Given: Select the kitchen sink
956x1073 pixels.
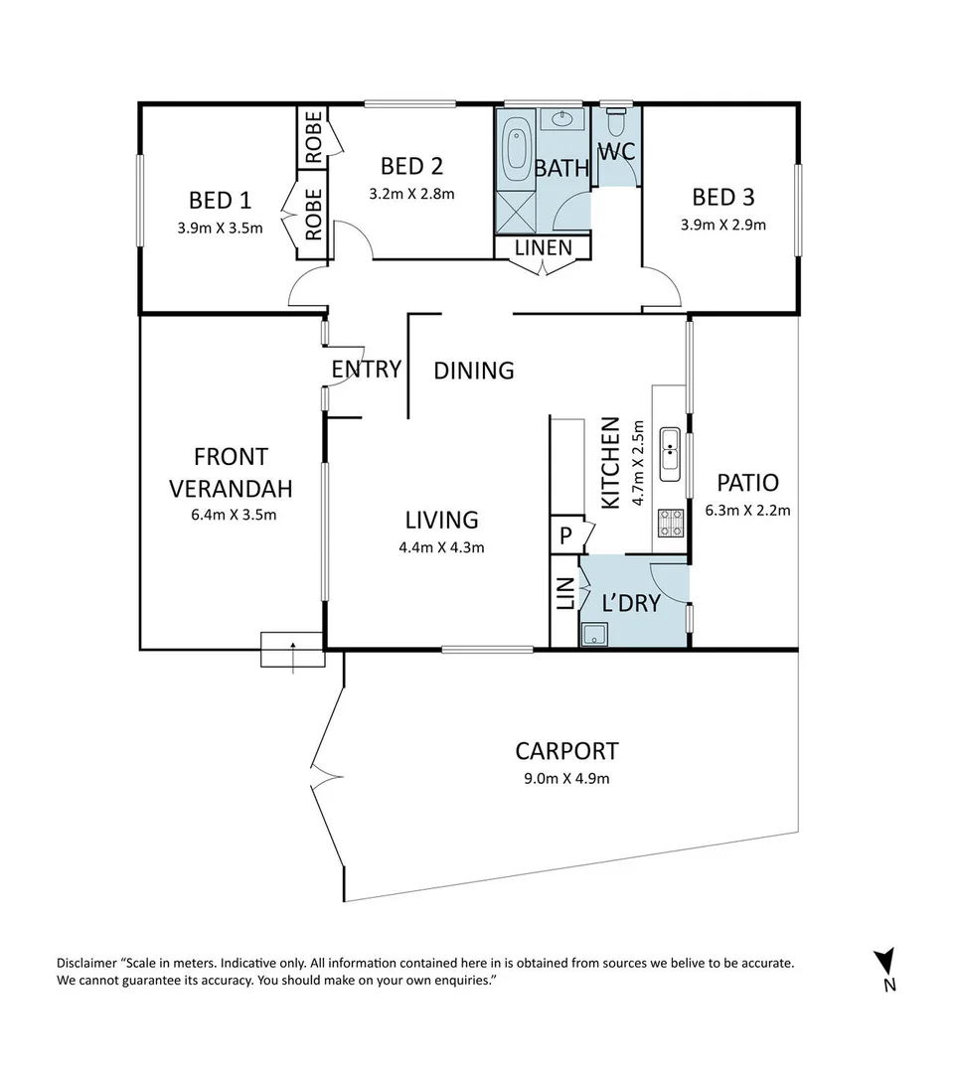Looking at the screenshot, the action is pyautogui.click(x=669, y=454).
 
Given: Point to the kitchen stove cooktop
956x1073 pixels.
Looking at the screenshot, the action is pyautogui.click(x=671, y=523).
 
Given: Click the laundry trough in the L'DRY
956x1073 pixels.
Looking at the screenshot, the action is pyautogui.click(x=594, y=635).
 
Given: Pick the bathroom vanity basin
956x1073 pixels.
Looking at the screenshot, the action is pyautogui.click(x=562, y=119).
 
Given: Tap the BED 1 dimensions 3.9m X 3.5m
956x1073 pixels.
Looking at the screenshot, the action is pyautogui.click(x=220, y=229).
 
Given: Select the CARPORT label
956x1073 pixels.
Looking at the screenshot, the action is pyautogui.click(x=566, y=751).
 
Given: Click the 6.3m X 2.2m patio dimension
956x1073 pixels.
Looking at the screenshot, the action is pyautogui.click(x=748, y=511).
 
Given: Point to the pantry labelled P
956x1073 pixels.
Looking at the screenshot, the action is pyautogui.click(x=565, y=535).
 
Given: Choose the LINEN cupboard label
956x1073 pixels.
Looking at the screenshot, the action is pyautogui.click(x=544, y=247).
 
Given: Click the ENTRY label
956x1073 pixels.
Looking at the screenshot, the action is pyautogui.click(x=366, y=370).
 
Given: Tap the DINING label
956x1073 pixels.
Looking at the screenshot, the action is pyautogui.click(x=474, y=371).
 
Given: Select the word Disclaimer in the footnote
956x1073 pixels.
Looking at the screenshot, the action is pyautogui.click(x=86, y=963).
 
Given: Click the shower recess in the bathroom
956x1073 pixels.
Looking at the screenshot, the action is pyautogui.click(x=516, y=213).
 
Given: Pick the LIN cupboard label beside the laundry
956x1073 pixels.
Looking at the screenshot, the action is pyautogui.click(x=565, y=594).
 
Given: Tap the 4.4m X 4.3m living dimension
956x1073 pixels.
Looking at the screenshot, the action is pyautogui.click(x=441, y=547).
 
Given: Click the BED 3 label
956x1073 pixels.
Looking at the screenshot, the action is pyautogui.click(x=722, y=197).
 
